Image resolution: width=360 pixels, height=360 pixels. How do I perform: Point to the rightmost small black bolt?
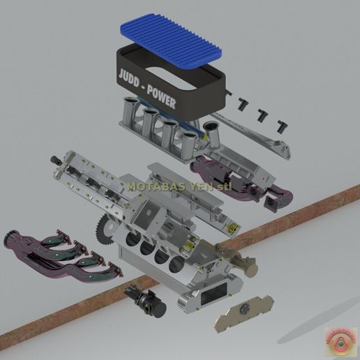point(282,126)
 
